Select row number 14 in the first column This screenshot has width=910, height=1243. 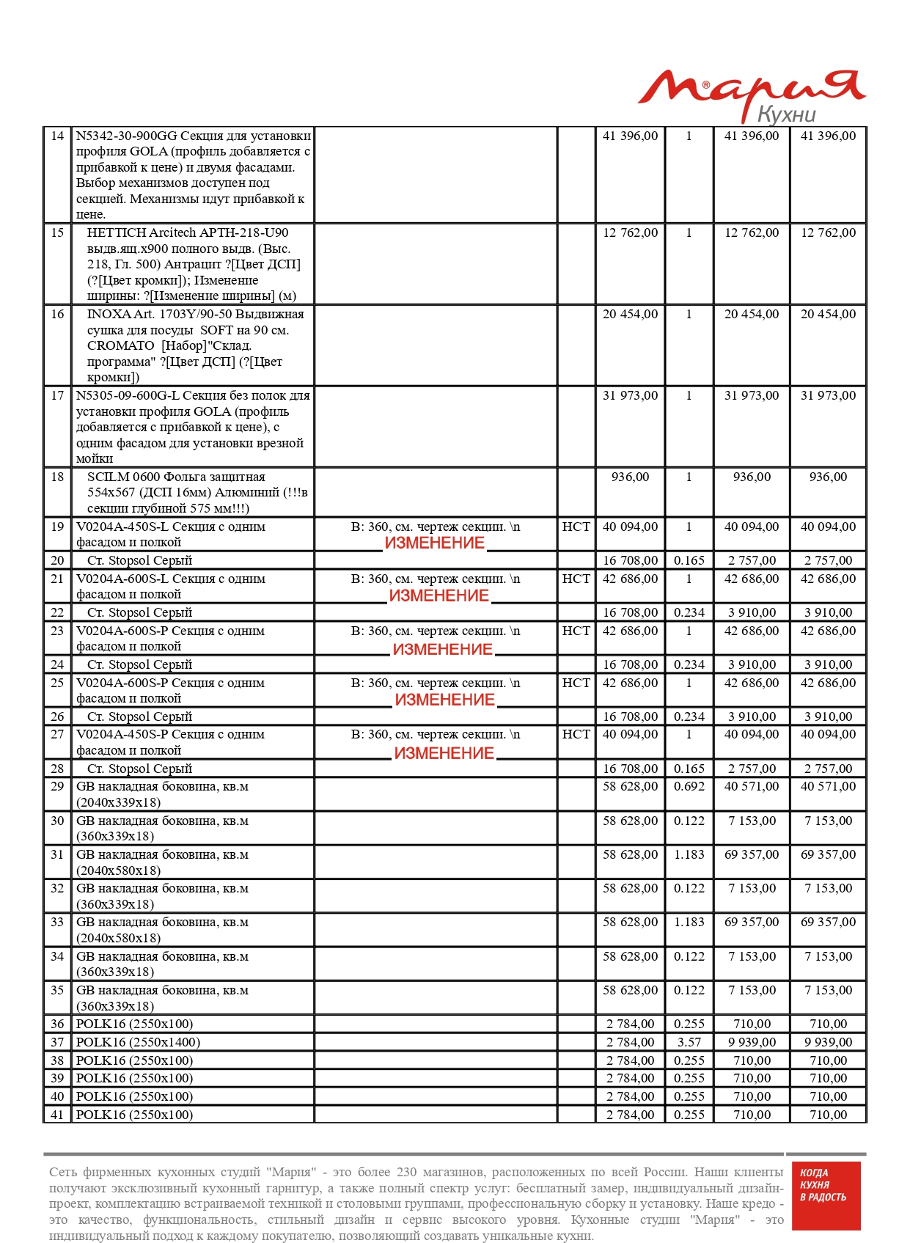point(57,136)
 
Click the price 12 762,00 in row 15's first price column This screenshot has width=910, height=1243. point(630,232)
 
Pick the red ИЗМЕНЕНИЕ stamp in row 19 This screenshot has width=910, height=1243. point(435,543)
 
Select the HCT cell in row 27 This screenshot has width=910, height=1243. point(576,734)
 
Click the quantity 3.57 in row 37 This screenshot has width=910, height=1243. point(689,1042)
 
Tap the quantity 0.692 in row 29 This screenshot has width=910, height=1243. point(689,786)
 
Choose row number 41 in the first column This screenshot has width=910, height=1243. point(57,1115)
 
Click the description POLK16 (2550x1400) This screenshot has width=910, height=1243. point(138,1042)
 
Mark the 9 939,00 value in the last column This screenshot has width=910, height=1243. point(828,1042)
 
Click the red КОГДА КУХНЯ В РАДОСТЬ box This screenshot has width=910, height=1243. point(823,1196)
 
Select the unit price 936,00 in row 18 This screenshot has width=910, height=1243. point(630,477)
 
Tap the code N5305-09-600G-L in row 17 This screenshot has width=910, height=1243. point(127,395)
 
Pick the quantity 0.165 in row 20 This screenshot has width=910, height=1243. point(689,560)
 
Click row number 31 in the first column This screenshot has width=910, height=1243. point(57,854)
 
